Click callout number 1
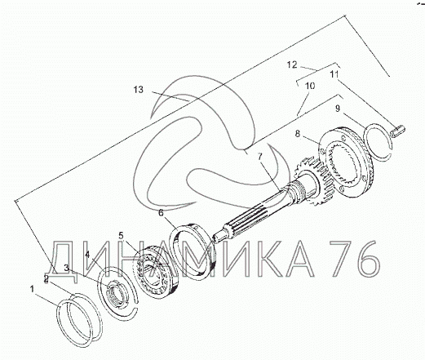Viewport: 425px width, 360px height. click(32, 289)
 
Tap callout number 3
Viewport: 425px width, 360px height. click(67, 268)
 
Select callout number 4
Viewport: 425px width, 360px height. click(87, 255)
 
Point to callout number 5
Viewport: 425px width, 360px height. click(121, 235)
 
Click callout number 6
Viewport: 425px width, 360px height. click(161, 212)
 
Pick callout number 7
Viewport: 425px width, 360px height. click(260, 157)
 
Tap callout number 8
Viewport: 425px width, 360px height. click(298, 134)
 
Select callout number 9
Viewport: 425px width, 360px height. click(338, 109)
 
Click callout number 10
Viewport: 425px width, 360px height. click(310, 86)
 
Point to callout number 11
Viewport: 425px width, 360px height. click(334, 74)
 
